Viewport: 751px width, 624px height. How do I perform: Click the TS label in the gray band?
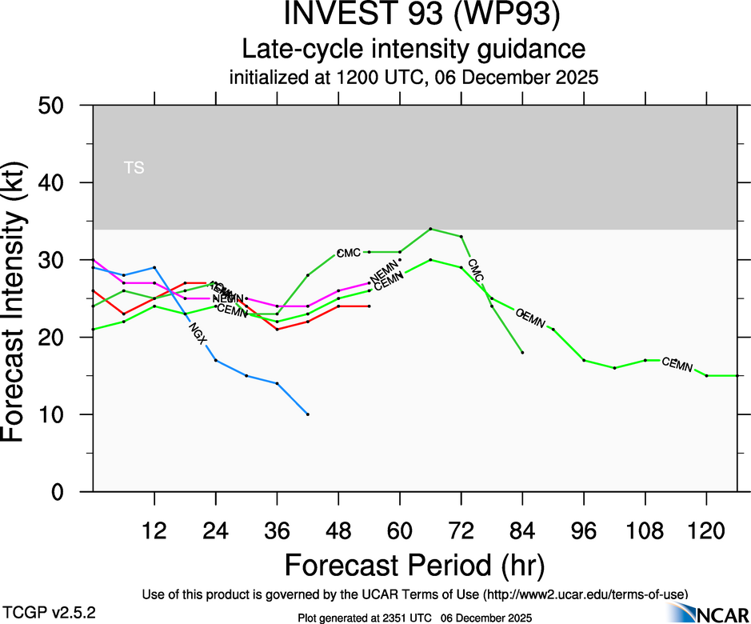134,168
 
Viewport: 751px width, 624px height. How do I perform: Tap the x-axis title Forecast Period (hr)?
414,566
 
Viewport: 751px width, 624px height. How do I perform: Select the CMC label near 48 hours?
349,254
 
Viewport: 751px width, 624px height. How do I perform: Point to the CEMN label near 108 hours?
677,365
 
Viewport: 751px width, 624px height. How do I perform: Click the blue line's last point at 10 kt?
307,414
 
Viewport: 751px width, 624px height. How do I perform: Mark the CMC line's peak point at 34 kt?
430,229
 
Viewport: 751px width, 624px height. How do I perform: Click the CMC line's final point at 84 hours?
522,352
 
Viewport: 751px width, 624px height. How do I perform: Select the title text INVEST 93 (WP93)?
414,15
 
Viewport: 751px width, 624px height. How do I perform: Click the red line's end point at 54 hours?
369,306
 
